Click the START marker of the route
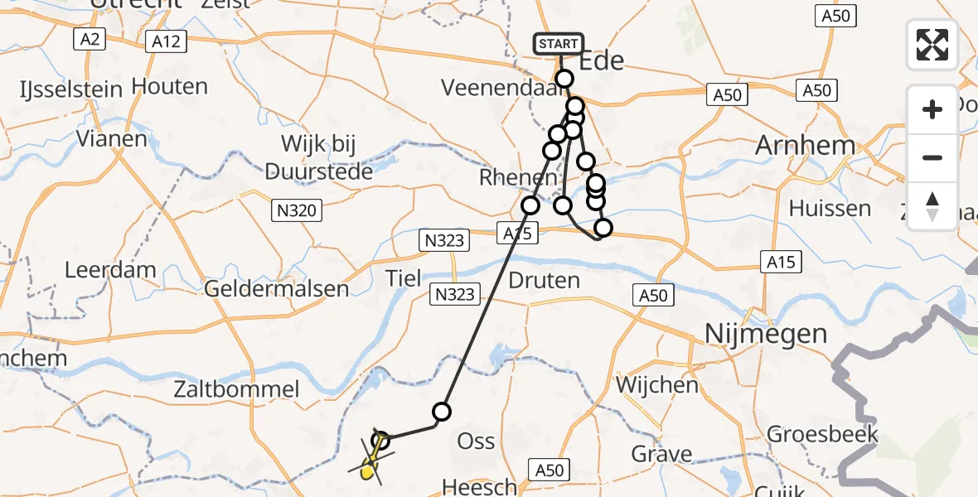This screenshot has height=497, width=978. click(559, 44)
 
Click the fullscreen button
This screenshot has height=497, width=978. click(932, 45)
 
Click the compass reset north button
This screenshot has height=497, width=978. click(932, 205)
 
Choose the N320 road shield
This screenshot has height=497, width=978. click(296, 211)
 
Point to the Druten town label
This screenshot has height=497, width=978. click(545, 280)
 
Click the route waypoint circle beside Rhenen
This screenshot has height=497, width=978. click(530, 205)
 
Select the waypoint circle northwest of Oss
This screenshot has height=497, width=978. click(442, 411)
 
